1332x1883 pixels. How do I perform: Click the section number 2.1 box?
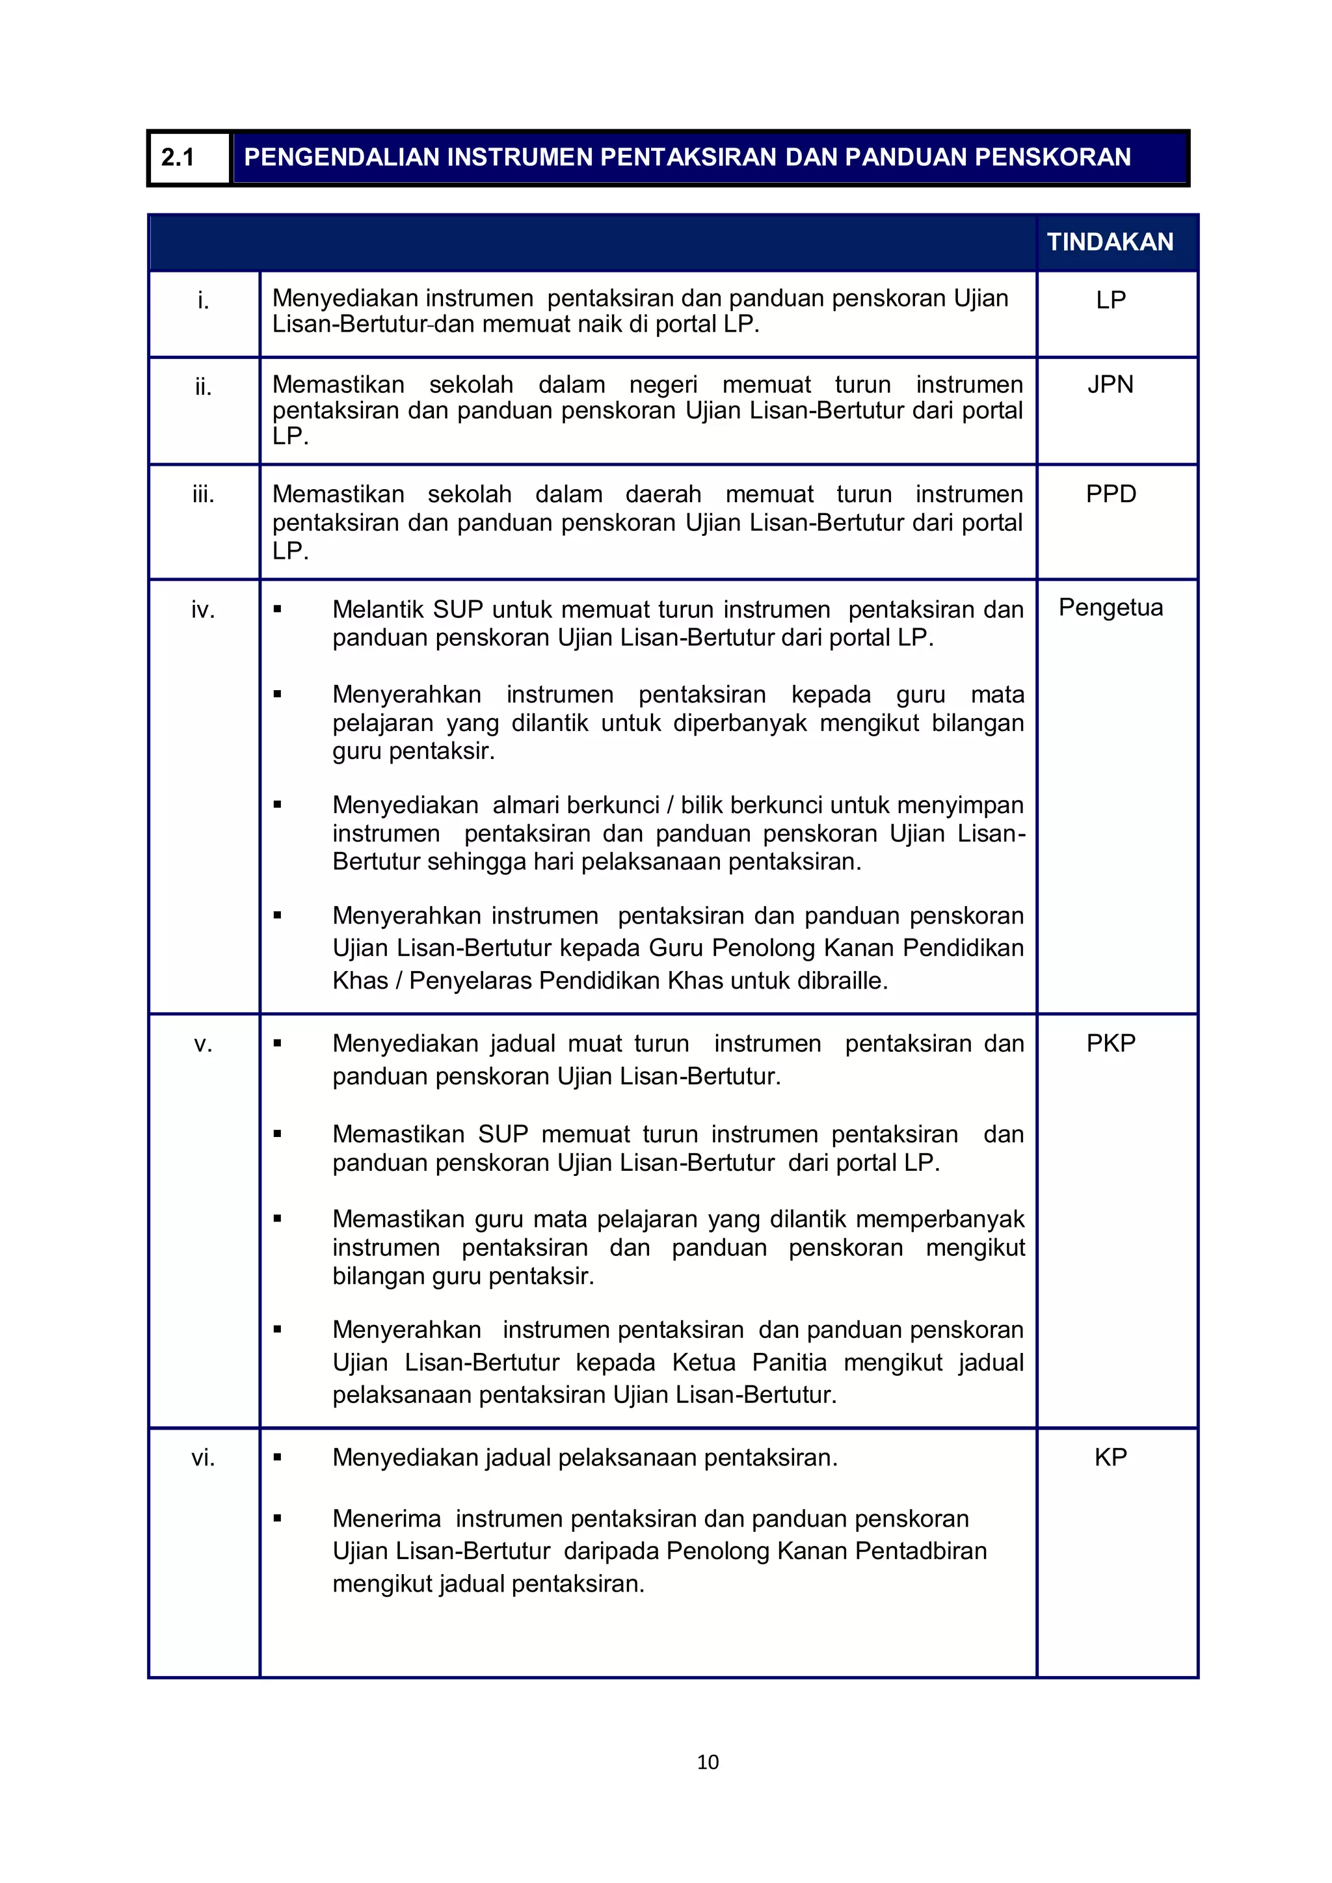pos(189,157)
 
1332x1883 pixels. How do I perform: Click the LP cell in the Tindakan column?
pos(1111,300)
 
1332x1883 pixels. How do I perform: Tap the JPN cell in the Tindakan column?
pos(1111,384)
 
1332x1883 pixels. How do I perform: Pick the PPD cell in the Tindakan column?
pos(1111,494)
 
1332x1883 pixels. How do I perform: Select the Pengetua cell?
pos(1111,608)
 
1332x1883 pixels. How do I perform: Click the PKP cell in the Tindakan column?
pos(1111,1043)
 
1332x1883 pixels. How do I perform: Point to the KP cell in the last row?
pos(1111,1458)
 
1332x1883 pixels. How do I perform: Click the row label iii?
pos(204,494)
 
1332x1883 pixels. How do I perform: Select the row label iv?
pos(204,610)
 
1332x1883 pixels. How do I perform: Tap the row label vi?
pos(204,1458)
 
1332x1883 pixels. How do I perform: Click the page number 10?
pos(707,1761)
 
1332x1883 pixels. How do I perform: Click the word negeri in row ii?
pos(663,384)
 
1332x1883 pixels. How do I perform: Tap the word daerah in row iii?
pos(663,494)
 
